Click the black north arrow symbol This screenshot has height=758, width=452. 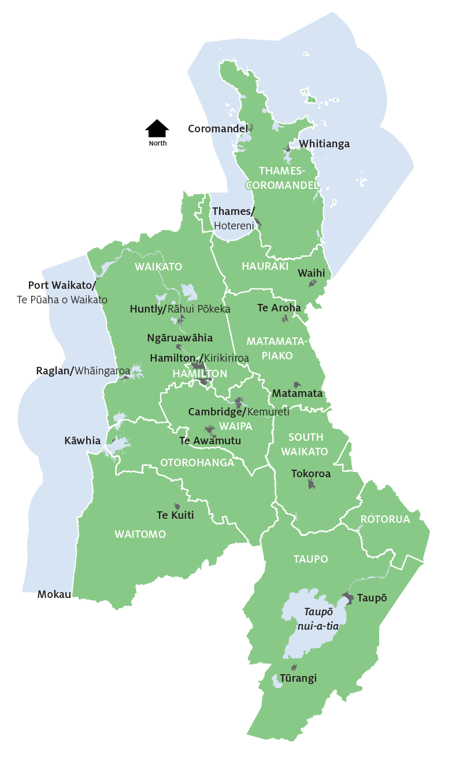click(157, 128)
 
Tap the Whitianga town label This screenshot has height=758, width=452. click(324, 144)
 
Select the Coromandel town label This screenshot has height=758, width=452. click(217, 128)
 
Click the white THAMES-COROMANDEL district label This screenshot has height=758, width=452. click(281, 178)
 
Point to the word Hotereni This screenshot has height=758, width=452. click(234, 226)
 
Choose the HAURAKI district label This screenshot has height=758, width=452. click(265, 266)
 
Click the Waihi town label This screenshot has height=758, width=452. click(311, 273)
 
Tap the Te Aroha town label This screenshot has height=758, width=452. click(279, 308)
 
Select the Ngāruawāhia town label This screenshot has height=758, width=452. click(180, 337)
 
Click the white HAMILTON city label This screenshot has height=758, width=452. click(200, 374)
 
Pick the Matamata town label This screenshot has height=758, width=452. click(297, 393)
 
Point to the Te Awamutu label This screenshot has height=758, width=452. click(210, 440)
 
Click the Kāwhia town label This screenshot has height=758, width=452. click(82, 441)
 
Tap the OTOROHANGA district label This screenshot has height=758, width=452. click(197, 462)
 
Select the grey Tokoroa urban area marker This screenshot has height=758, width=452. click(312, 484)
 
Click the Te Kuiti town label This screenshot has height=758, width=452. click(175, 515)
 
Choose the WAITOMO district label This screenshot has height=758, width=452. click(140, 534)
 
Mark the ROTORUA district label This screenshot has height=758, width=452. click(385, 519)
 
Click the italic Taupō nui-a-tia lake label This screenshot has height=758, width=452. click(317, 618)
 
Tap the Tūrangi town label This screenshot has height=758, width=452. click(298, 678)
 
